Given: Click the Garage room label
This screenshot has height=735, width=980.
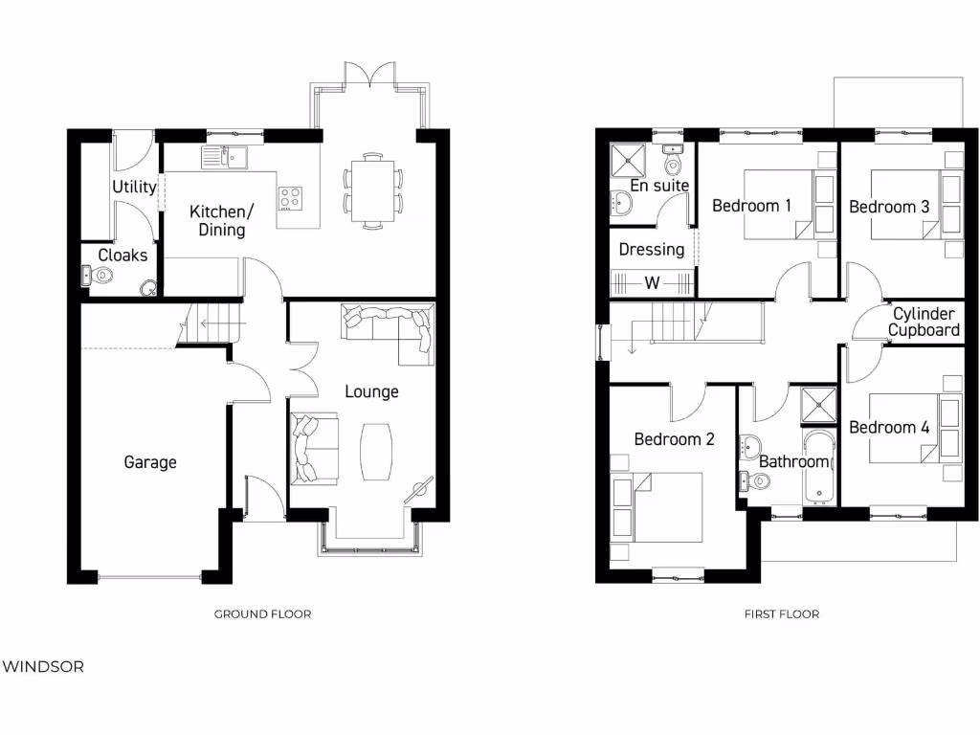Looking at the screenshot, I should (x=150, y=462).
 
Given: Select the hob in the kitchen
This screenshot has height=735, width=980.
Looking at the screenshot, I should (x=290, y=198).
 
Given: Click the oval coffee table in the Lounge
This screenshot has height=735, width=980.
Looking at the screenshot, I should (x=375, y=452).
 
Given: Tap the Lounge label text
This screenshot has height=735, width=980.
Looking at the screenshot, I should (x=371, y=391).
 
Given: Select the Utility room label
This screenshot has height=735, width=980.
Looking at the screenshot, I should (x=134, y=187).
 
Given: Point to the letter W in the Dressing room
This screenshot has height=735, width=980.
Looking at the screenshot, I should (x=652, y=283).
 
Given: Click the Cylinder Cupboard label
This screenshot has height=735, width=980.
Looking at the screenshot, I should (x=923, y=323).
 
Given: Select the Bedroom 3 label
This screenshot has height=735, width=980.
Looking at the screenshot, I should (x=889, y=207).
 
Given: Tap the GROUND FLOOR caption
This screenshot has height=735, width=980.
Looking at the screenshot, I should (x=262, y=614).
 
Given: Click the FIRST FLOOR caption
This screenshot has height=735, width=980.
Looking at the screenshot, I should (x=782, y=614).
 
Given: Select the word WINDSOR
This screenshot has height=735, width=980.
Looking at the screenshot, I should (x=42, y=666).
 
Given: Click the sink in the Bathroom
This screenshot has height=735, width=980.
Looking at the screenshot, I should (x=749, y=445).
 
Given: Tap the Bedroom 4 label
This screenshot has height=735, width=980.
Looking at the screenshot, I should (x=889, y=428).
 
